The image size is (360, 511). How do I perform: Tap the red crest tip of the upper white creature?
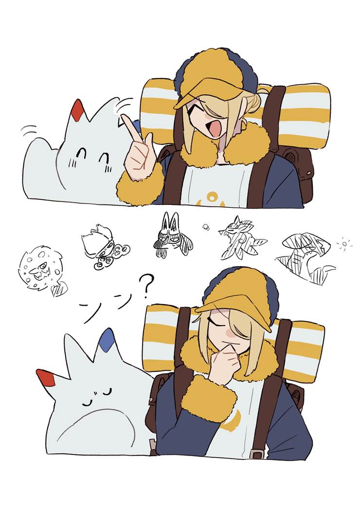77,110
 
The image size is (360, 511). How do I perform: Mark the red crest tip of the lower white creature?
47,378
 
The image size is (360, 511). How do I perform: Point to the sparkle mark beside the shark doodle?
343,242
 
